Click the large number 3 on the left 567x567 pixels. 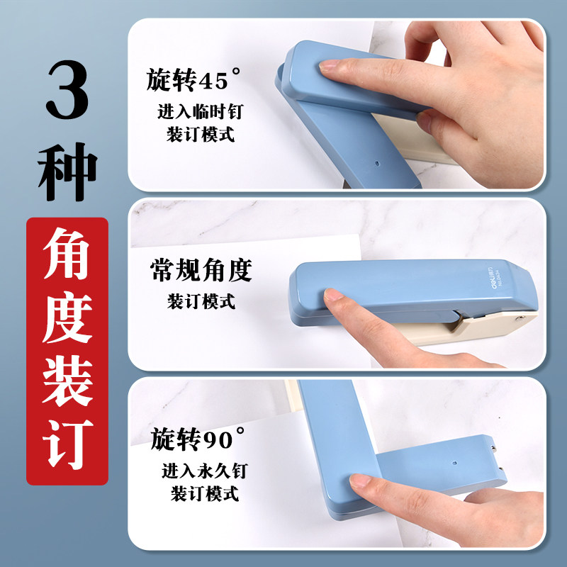[x=67, y=89]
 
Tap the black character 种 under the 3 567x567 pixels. [x=67, y=172]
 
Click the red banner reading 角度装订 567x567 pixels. [x=67, y=351]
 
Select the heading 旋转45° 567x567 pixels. [x=193, y=79]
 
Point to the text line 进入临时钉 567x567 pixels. [x=201, y=111]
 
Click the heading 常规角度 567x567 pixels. [x=201, y=270]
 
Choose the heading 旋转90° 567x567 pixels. [x=198, y=439]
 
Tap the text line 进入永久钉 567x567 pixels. [x=205, y=471]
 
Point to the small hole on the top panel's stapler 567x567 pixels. [x=377, y=164]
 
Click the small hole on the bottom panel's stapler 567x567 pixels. [x=454, y=463]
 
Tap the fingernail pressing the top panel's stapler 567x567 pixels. [x=329, y=65]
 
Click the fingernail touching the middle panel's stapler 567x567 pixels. [x=333, y=294]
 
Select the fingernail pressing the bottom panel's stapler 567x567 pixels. [x=360, y=481]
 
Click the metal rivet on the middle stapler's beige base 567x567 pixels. [x=520, y=318]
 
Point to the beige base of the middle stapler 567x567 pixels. [x=470, y=328]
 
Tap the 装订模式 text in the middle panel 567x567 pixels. [x=201, y=302]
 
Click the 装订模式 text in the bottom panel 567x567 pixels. [x=205, y=493]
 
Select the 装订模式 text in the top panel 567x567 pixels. [x=201, y=134]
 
